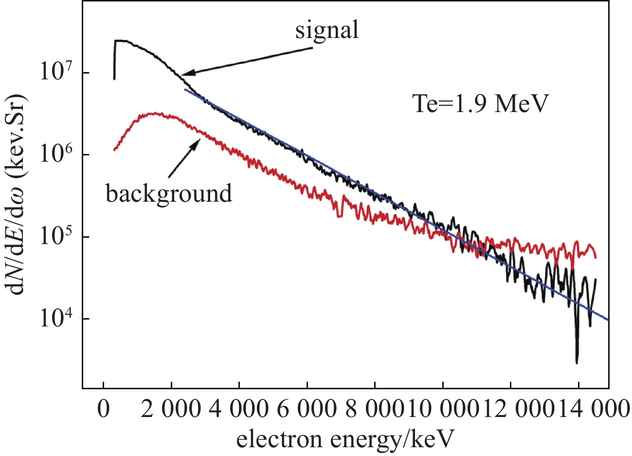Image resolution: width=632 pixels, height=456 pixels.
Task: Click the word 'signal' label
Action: (327, 30)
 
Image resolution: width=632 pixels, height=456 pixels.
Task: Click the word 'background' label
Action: (169, 193)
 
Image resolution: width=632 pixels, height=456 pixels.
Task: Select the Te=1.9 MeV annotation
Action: (481, 104)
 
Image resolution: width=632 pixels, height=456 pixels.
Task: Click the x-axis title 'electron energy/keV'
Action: (345, 439)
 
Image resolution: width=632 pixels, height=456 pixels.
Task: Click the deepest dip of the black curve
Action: (577, 362)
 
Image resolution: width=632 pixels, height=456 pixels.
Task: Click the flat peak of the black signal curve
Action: (122, 41)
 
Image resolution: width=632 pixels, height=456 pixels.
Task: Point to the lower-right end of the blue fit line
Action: (608, 320)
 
